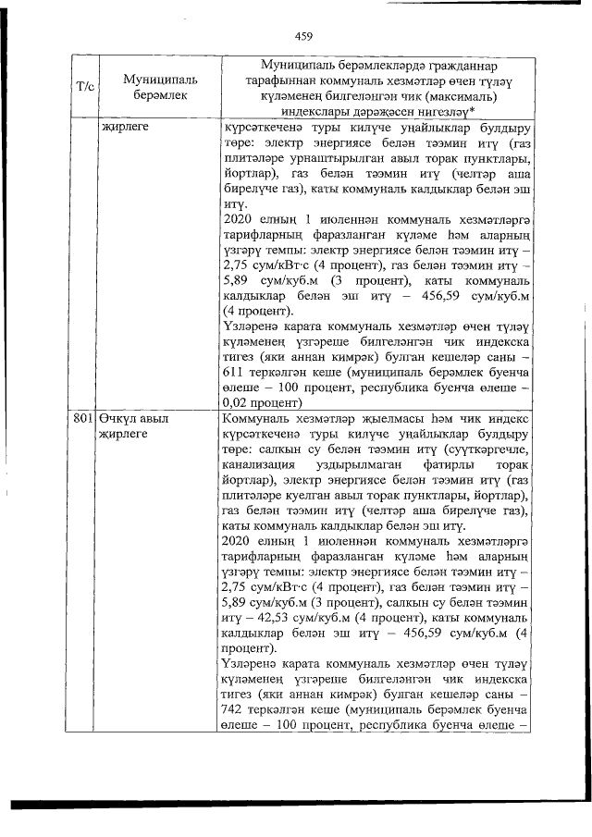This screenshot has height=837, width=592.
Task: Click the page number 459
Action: click(304, 37)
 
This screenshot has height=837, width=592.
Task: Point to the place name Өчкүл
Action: click(118, 418)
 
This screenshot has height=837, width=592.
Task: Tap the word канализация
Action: click(263, 462)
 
